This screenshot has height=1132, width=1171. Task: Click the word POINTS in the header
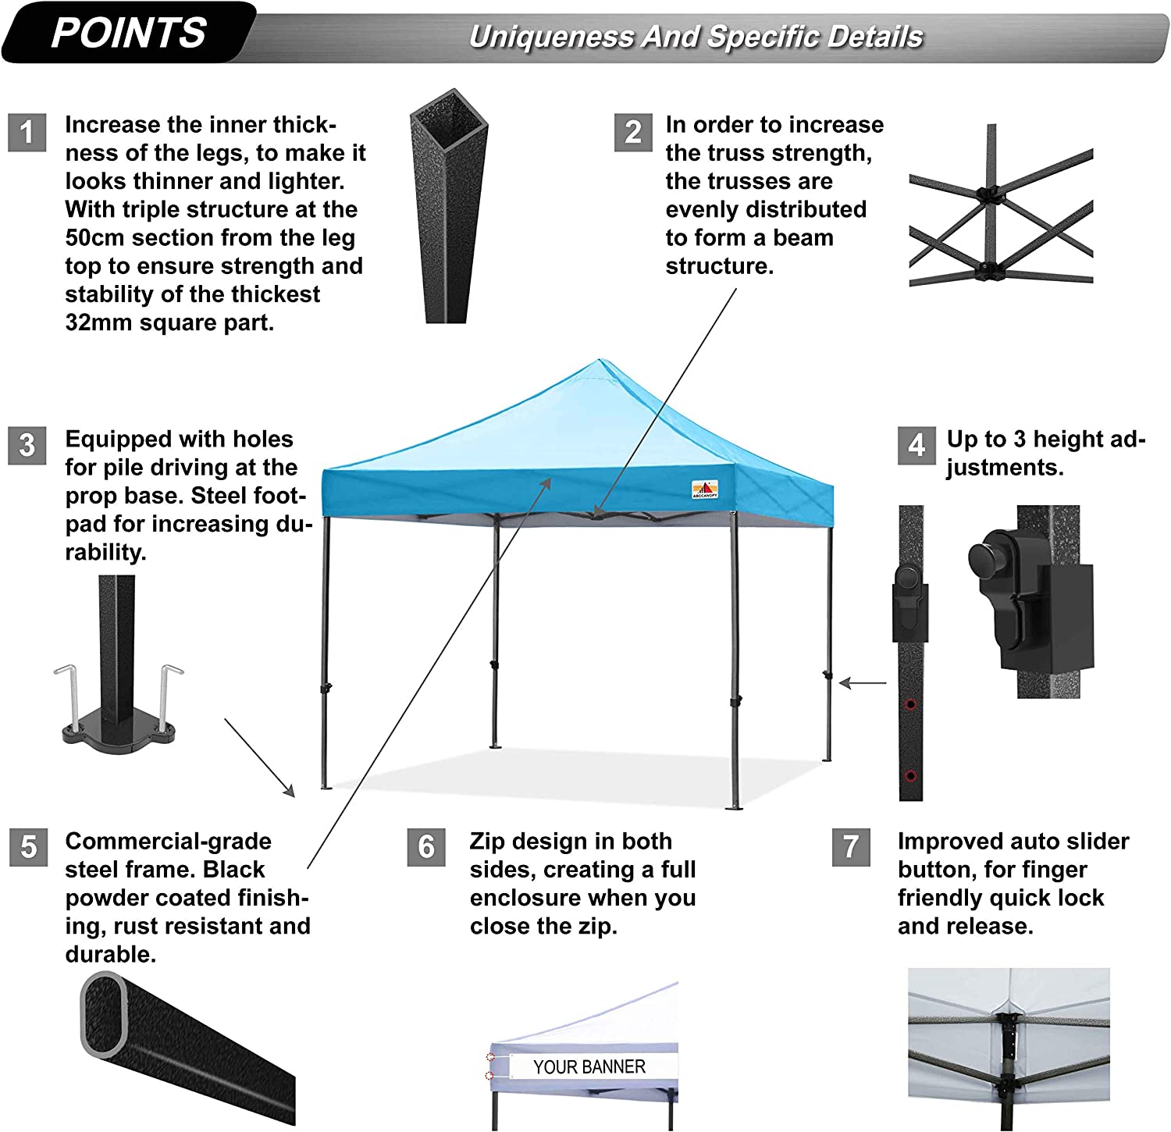tap(129, 33)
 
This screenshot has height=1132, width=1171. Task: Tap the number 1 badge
tap(27, 132)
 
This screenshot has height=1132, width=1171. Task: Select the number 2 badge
tap(633, 132)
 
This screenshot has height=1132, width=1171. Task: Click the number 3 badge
tap(27, 445)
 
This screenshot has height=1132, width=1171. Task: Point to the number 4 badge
tap(917, 445)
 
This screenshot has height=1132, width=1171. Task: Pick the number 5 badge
tap(29, 847)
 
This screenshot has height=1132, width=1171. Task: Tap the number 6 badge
tap(426, 847)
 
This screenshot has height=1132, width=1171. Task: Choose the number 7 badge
tap(852, 847)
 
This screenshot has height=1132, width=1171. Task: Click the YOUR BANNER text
tap(589, 1067)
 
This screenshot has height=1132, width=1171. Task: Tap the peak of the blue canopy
tap(600, 360)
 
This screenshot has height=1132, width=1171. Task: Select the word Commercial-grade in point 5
tap(169, 841)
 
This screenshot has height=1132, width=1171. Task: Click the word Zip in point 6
tap(488, 842)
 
